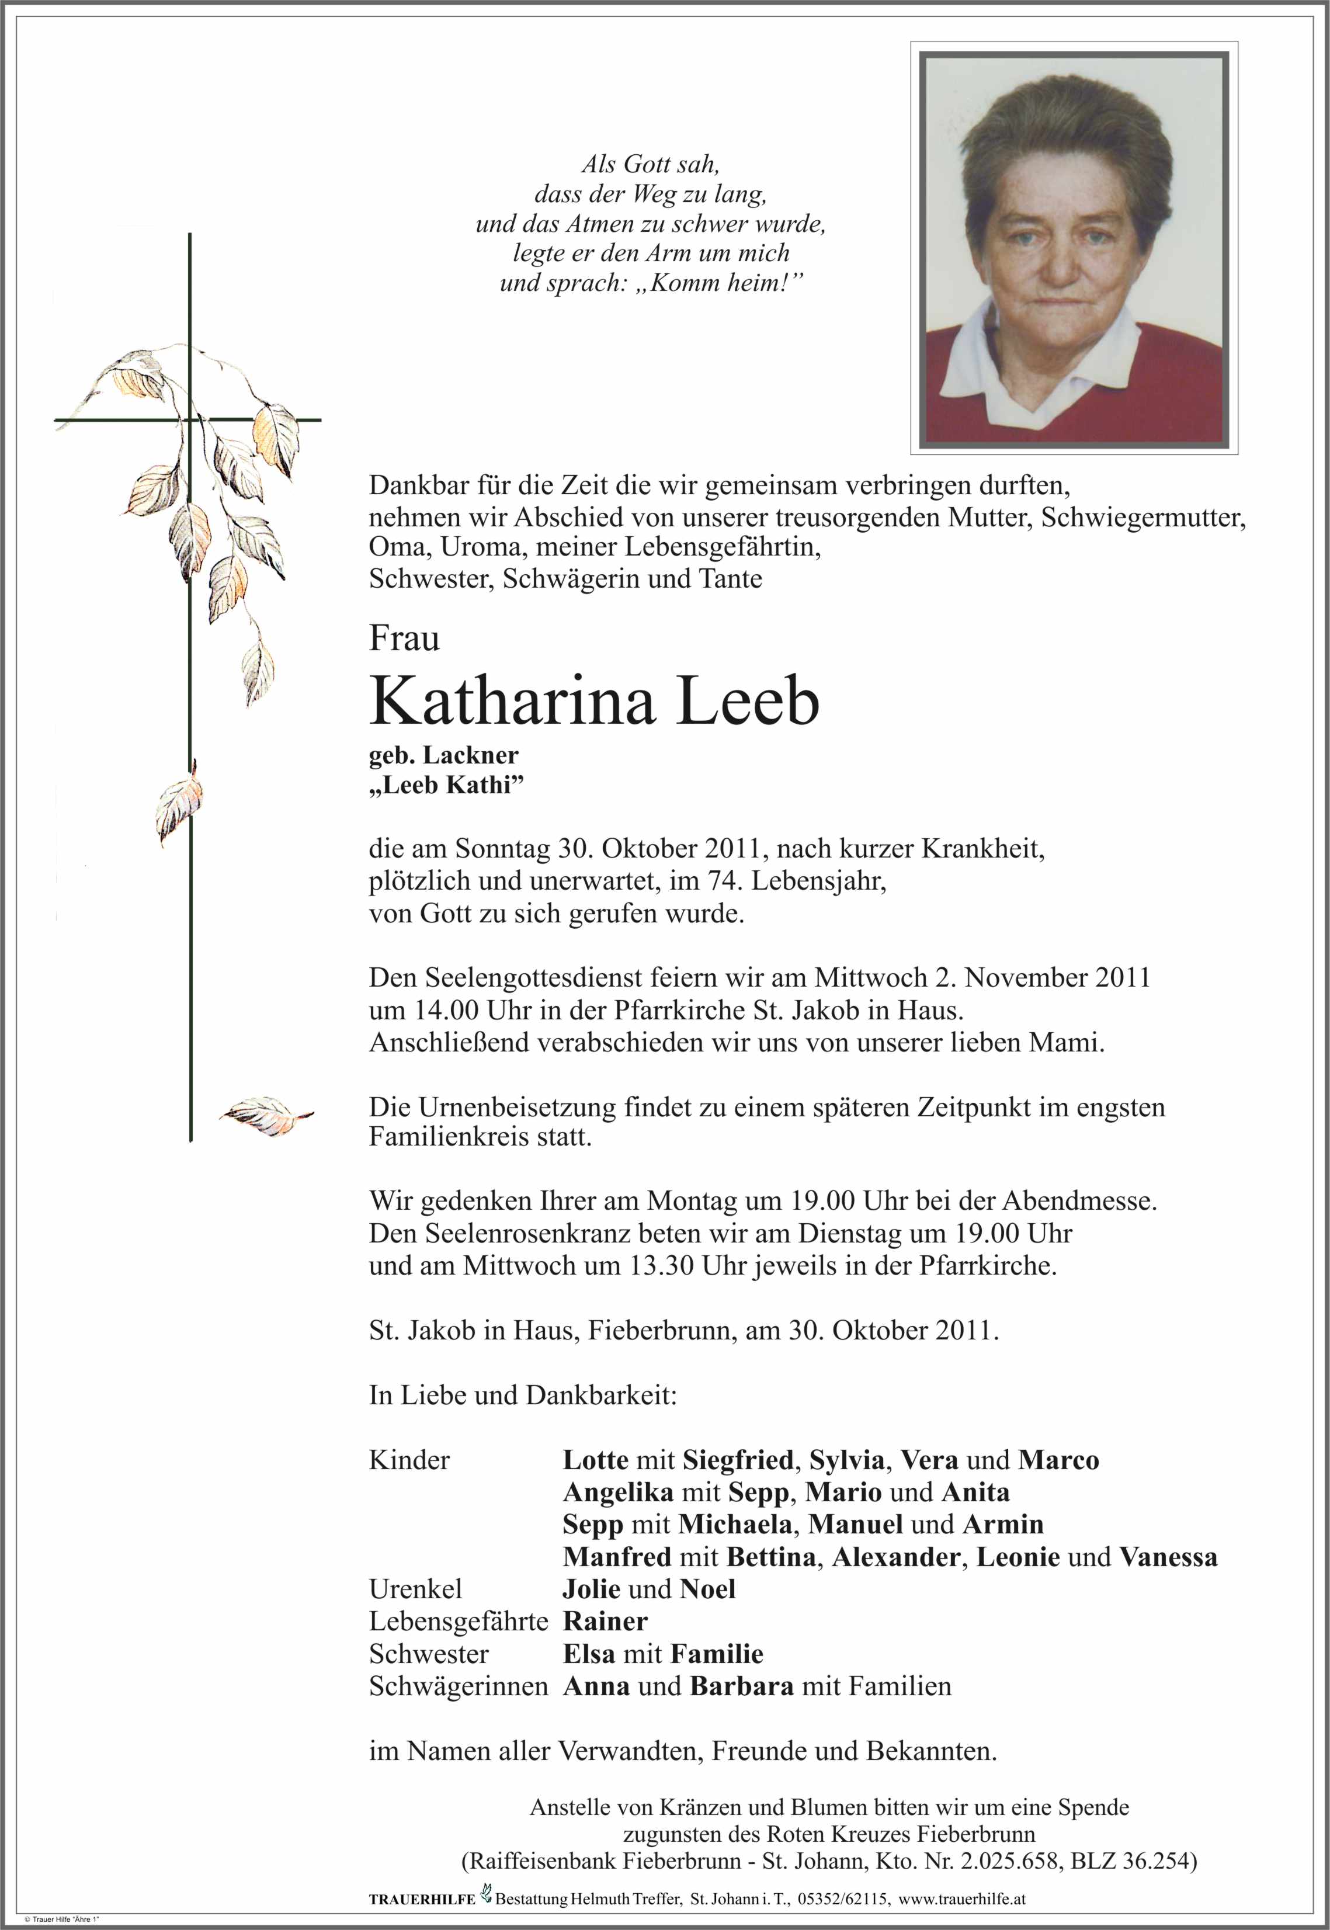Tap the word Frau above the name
(x=404, y=639)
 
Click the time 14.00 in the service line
(x=439, y=1011)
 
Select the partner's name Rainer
(x=605, y=1622)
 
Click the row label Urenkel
(x=415, y=1589)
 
